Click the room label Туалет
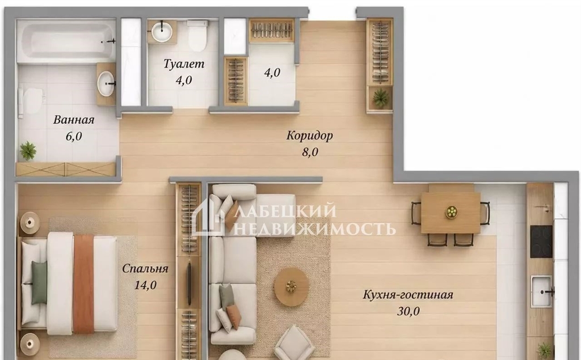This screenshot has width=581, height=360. pyautogui.click(x=184, y=63)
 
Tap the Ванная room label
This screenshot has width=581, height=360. pyautogui.click(x=74, y=120)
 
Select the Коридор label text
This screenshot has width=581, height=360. pyautogui.click(x=310, y=136)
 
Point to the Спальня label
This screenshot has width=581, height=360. pyautogui.click(x=145, y=268)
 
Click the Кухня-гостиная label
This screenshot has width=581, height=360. pyautogui.click(x=408, y=295)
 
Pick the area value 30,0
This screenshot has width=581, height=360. pyautogui.click(x=409, y=311)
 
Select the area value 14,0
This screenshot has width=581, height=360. pyautogui.click(x=146, y=285)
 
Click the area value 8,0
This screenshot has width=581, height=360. pyautogui.click(x=310, y=152)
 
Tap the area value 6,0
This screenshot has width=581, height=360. pyautogui.click(x=74, y=136)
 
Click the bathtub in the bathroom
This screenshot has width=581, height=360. pyautogui.click(x=67, y=41)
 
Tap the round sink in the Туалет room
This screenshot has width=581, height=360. pyautogui.click(x=162, y=32)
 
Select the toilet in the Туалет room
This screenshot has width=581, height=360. pyautogui.click(x=197, y=36)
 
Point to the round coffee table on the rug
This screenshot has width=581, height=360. pyautogui.click(x=292, y=286)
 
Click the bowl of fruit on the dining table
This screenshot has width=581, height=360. pyautogui.click(x=451, y=212)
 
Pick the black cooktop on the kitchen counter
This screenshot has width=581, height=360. pyautogui.click(x=541, y=242)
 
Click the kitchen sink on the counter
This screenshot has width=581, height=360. pyautogui.click(x=541, y=291)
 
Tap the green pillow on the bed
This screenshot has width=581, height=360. pyautogui.click(x=39, y=282)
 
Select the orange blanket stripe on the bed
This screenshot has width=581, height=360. pyautogui.click(x=83, y=283)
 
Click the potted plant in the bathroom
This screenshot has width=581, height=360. pyautogui.click(x=28, y=151)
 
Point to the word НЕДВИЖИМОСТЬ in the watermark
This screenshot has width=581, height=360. pyautogui.click(x=314, y=228)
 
